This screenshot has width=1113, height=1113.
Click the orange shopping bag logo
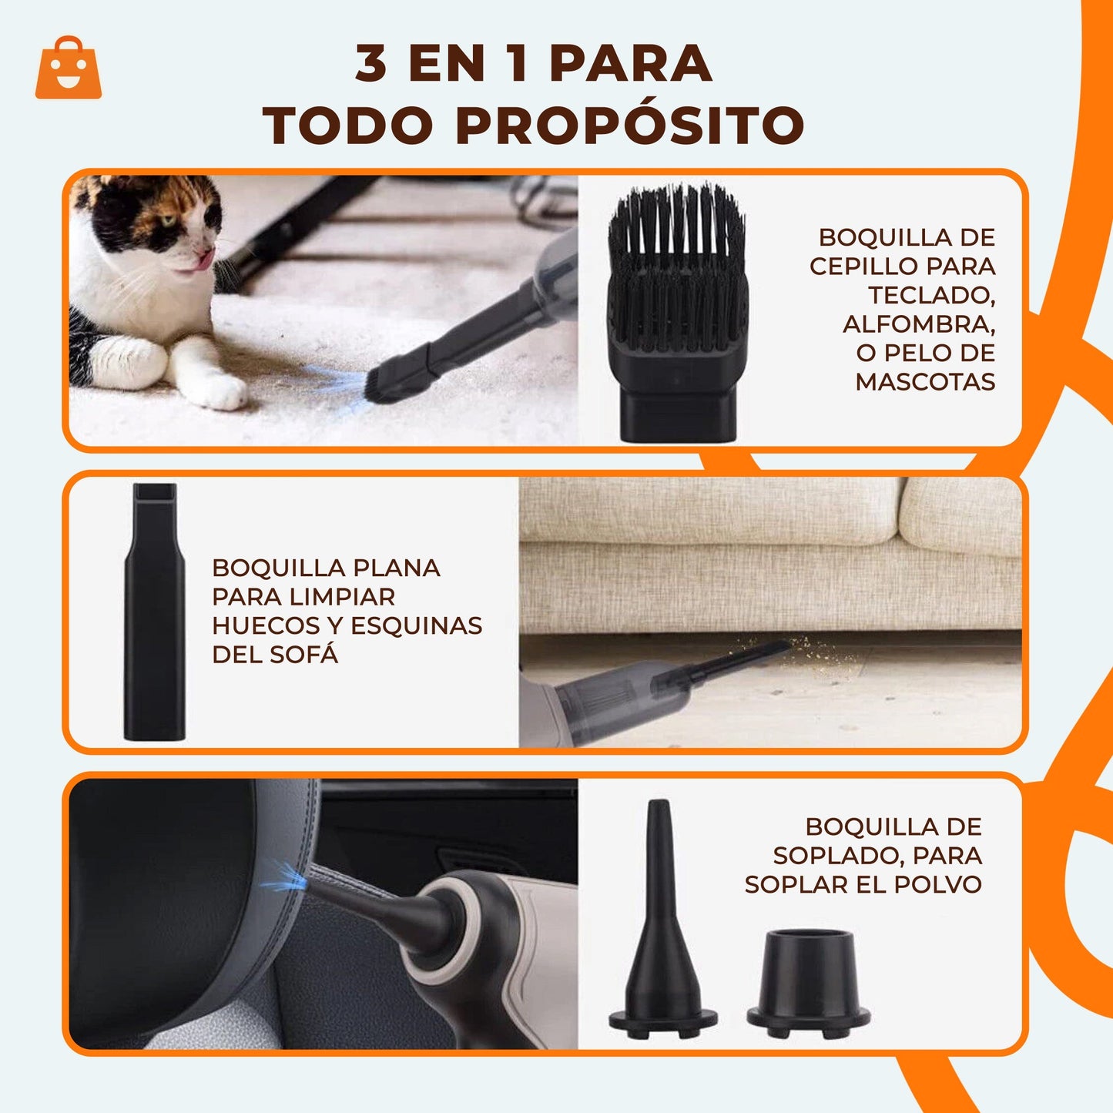[x=69, y=69]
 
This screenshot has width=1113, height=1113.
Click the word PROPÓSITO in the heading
[x=630, y=126]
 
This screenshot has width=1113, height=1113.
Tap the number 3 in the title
[x=371, y=63]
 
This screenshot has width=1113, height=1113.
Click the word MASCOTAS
[x=925, y=381]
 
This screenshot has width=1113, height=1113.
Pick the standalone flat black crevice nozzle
[x=154, y=612]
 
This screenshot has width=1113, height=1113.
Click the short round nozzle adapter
[x=808, y=983]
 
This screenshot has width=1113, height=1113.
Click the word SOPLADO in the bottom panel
[x=830, y=856]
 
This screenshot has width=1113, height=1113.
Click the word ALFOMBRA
[x=919, y=324]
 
